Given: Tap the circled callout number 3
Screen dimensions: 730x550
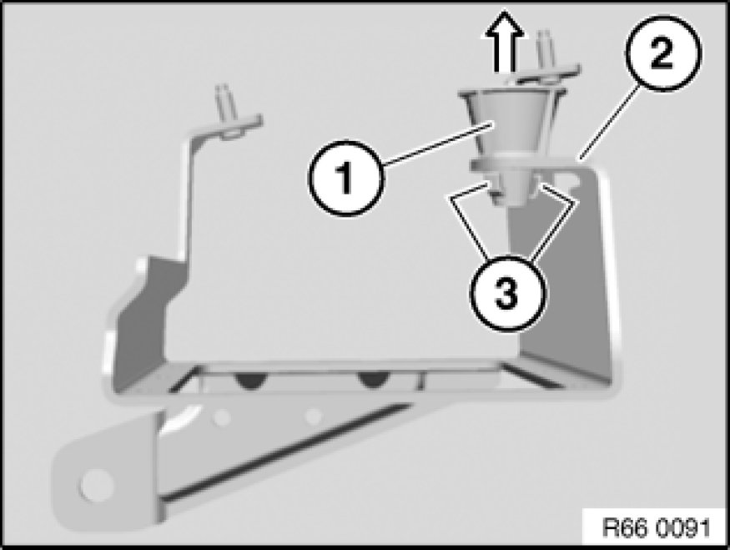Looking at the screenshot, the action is (x=507, y=294).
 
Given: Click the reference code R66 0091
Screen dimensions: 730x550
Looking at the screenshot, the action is (x=657, y=527).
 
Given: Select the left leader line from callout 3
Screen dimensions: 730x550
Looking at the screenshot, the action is (x=468, y=221).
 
